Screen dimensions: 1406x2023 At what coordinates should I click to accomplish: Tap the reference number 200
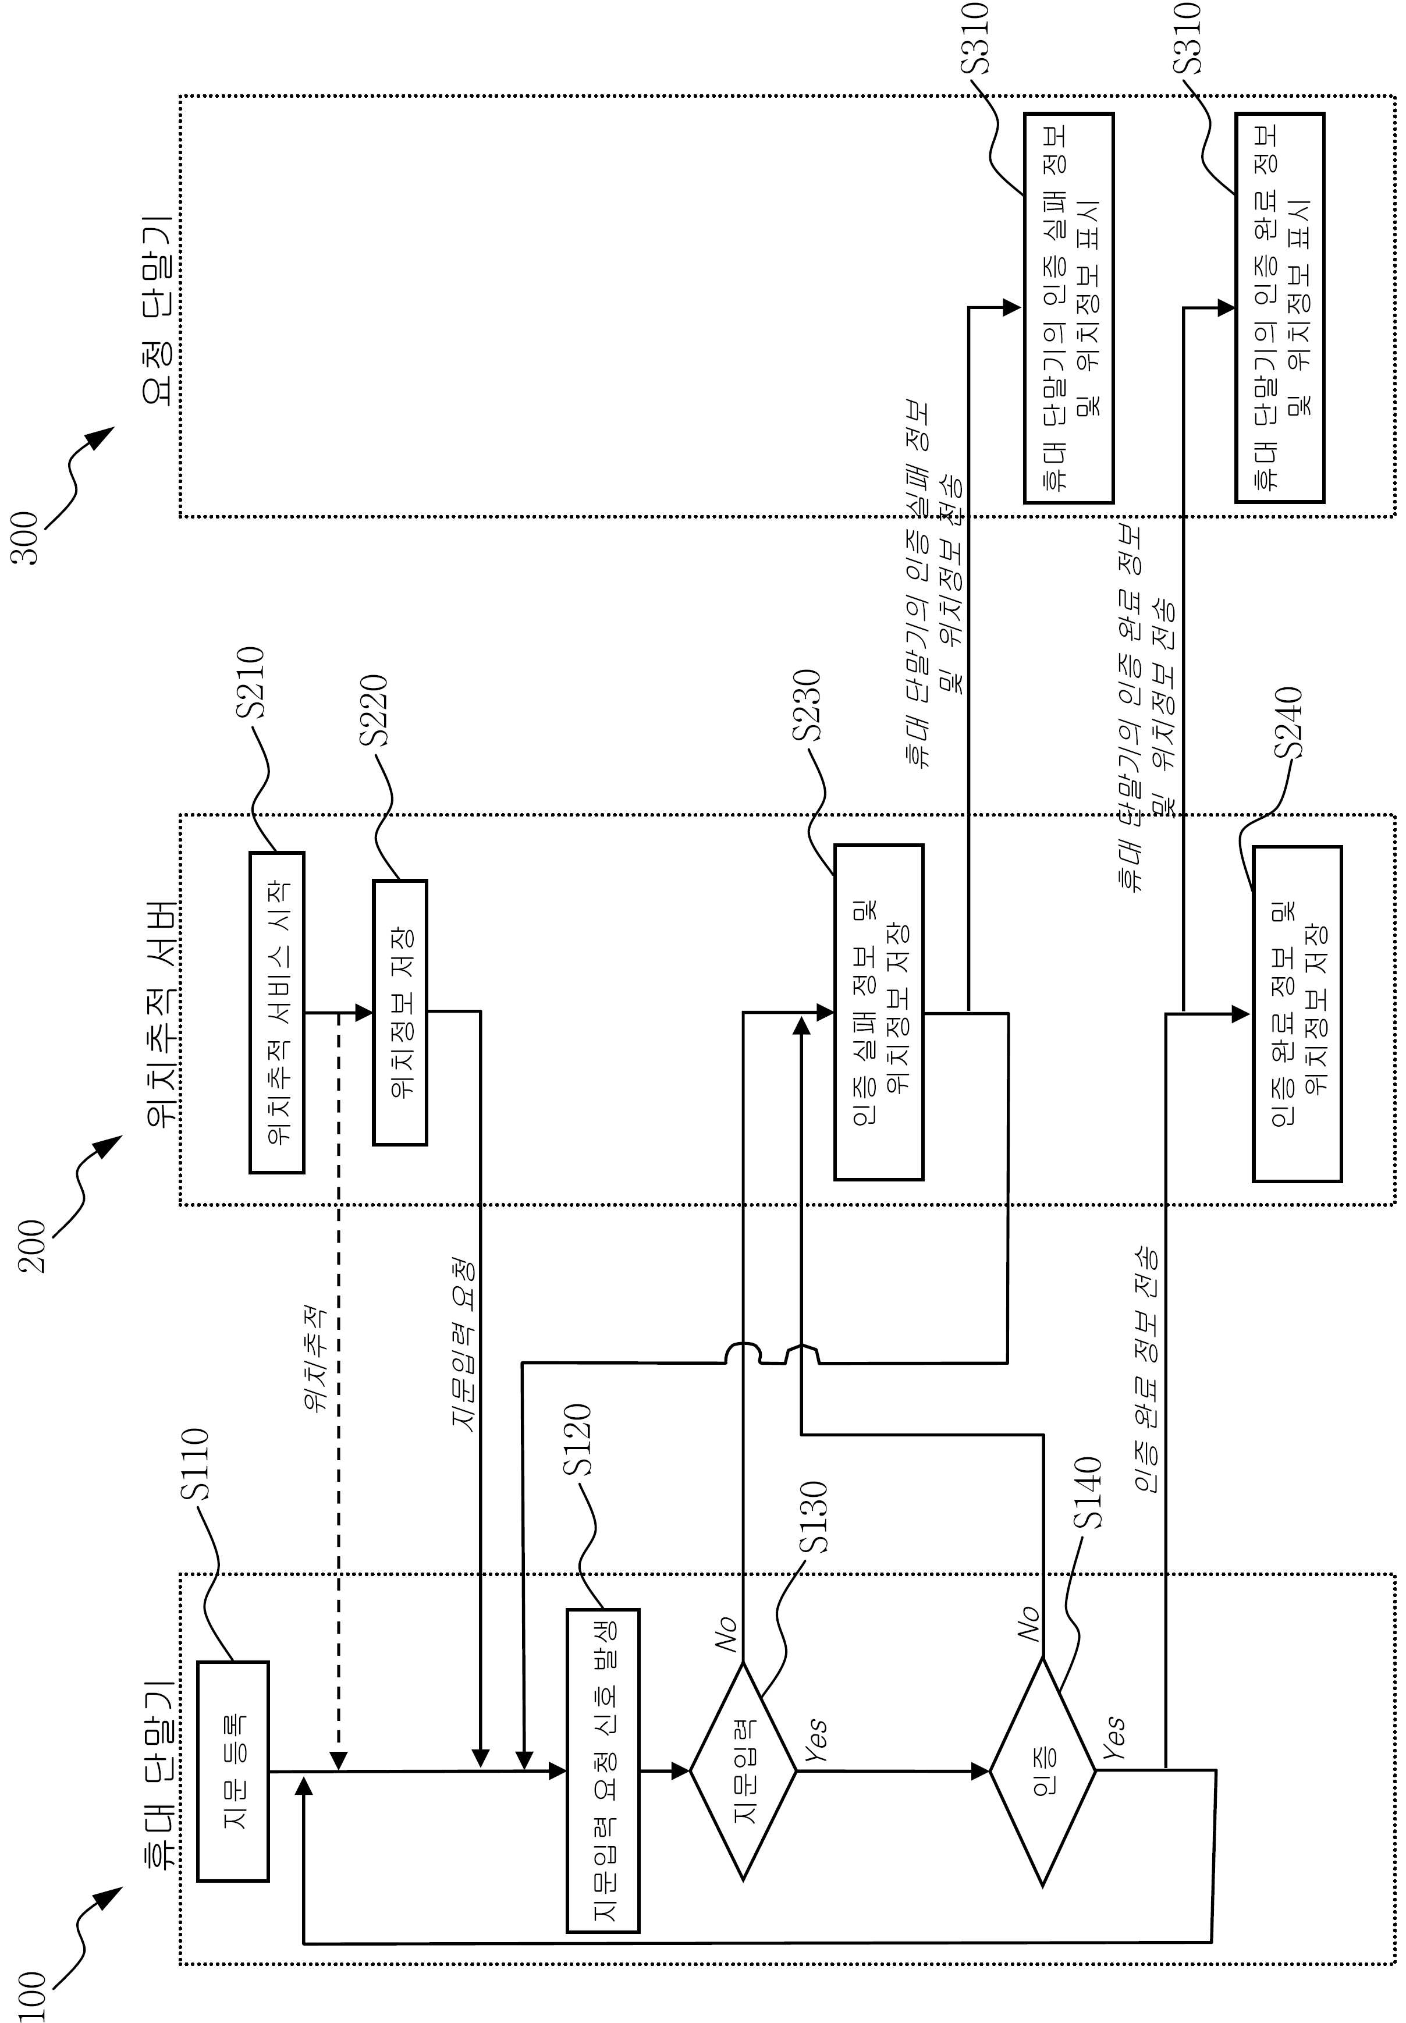click(x=33, y=1245)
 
